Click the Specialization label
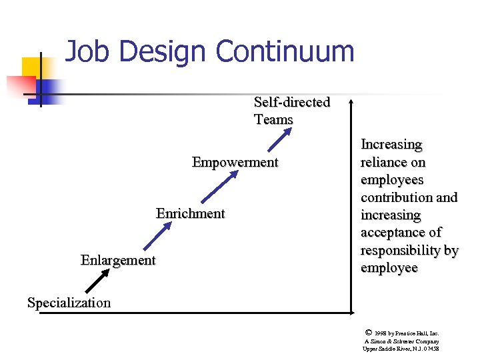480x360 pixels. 69,303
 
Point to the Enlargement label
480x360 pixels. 118,260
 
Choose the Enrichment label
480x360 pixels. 190,213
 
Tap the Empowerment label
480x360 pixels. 235,162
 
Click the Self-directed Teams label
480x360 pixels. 291,111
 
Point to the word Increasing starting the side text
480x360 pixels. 391,145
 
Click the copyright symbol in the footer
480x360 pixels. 369,331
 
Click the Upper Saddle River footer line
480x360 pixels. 401,349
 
